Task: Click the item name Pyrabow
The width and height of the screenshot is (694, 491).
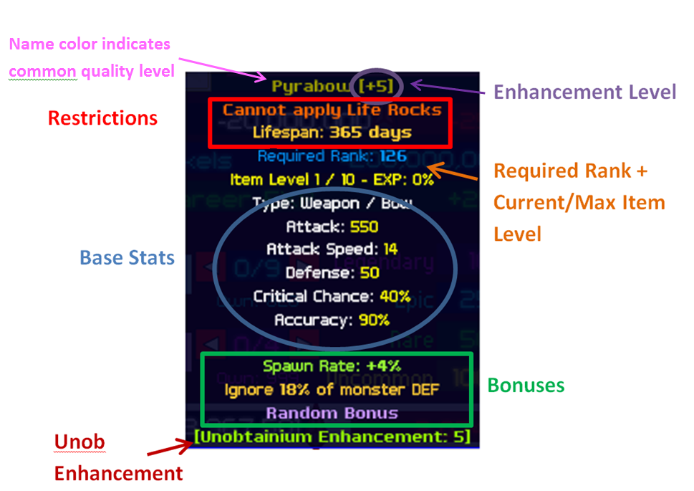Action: pos(312,87)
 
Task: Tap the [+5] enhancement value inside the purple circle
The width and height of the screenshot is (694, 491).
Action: pos(377,87)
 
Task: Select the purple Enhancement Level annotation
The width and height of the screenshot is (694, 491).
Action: pos(585,92)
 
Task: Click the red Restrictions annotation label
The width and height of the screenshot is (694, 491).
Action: pos(102,118)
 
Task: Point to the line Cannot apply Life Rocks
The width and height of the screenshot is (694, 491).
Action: pos(332,110)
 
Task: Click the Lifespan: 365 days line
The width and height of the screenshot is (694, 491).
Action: pos(332,132)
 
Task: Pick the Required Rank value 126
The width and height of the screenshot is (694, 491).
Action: pos(393,156)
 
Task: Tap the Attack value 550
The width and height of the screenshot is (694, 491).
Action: pos(365,227)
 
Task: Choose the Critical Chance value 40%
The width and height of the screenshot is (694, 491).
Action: pos(395,296)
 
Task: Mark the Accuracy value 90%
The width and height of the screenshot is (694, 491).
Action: pos(374,320)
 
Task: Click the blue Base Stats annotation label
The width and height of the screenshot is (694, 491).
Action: pos(127,258)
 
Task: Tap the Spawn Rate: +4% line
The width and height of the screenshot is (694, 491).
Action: pos(332,366)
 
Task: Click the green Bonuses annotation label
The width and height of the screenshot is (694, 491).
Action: pos(526,386)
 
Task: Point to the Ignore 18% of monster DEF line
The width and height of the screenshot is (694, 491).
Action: pos(332,389)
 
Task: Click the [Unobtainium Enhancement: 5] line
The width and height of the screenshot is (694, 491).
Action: pos(332,437)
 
